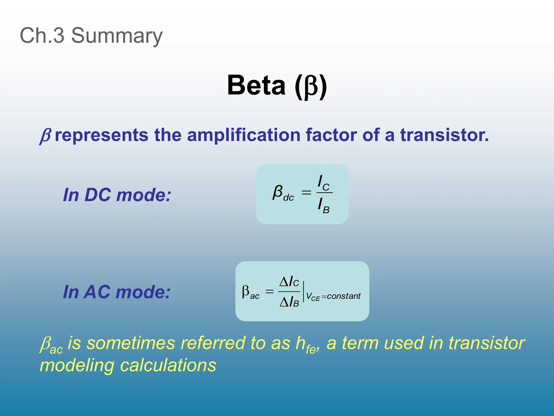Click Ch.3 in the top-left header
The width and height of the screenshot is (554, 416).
point(42,35)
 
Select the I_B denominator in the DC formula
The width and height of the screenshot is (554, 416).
point(324,205)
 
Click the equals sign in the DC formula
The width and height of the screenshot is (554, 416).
point(306,193)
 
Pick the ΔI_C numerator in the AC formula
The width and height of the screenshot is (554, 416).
point(289,282)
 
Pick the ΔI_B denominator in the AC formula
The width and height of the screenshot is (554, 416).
point(289,302)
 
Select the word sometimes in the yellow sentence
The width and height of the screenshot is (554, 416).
point(131,343)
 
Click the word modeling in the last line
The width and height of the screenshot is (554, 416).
point(77,365)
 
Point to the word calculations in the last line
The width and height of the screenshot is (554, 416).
point(168,365)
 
